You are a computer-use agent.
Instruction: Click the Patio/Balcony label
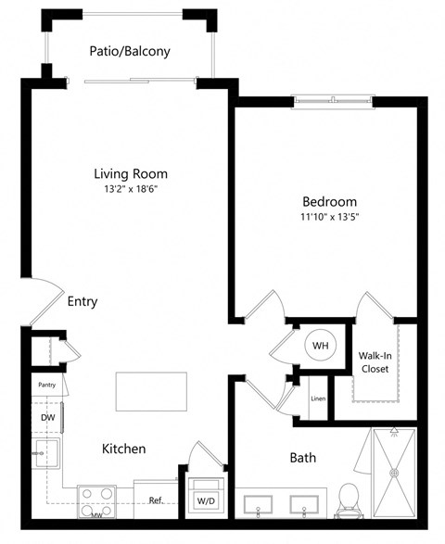click(130, 52)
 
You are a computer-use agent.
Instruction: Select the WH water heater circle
click(321, 346)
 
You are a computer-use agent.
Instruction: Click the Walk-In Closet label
click(375, 362)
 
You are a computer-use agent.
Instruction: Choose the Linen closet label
click(318, 399)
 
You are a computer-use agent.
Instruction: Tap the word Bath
click(303, 457)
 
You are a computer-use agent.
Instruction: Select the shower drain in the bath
click(394, 473)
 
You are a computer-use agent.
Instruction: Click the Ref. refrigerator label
click(157, 500)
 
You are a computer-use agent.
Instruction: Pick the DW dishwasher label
click(48, 417)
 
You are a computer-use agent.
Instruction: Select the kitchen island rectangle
click(151, 391)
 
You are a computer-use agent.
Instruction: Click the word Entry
click(83, 301)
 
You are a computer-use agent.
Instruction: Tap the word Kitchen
click(123, 449)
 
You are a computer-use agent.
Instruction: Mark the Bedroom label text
click(329, 201)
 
